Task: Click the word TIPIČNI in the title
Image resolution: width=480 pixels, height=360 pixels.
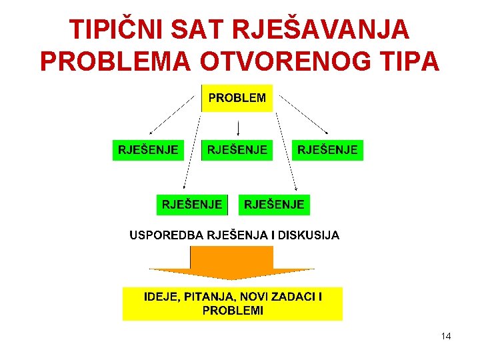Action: point(115,29)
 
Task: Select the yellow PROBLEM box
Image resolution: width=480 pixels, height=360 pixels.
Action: point(237,98)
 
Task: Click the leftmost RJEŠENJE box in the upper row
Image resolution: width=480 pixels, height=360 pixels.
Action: point(148,150)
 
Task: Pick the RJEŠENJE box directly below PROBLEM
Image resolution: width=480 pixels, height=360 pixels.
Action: point(237,150)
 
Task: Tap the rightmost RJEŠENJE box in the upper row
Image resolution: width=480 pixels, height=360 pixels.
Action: point(327,150)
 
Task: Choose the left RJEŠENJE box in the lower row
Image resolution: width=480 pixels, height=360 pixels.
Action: point(192,205)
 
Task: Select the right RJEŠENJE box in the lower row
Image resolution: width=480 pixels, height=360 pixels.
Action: point(274,205)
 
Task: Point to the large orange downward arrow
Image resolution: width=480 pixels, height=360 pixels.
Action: point(231,263)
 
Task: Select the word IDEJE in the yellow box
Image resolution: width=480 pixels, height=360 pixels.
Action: point(161,297)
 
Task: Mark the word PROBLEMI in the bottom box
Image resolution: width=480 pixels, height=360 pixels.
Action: point(232,311)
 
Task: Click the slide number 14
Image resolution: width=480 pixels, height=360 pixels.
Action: point(446,337)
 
